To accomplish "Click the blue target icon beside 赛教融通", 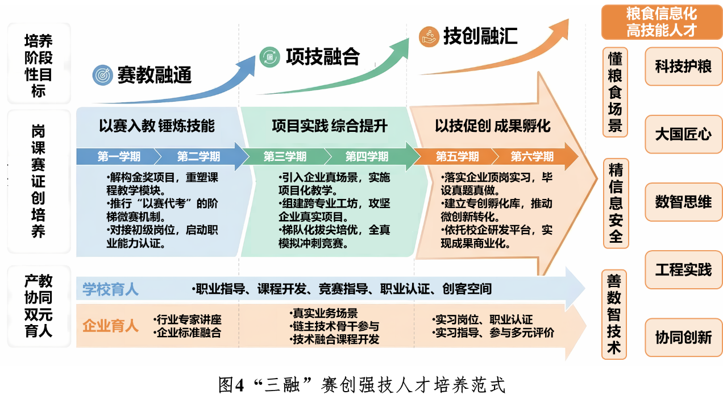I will tap(103, 74).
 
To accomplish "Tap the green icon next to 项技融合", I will tap(269, 56).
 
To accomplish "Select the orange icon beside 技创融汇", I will tap(429, 36).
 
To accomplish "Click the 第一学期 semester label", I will tap(119, 156).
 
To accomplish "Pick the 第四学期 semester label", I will tap(367, 156).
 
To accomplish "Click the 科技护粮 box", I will tap(683, 67).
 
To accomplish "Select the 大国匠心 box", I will tap(683, 135).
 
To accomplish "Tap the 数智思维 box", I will tap(683, 202).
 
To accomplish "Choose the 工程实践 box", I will tap(683, 269).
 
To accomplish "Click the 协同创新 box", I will tap(683, 338).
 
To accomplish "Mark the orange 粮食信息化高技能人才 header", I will tap(662, 22).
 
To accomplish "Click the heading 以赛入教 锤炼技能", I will tap(157, 126).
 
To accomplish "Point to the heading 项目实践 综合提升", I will tap(330, 126).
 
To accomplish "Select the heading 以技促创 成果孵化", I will tap(493, 126).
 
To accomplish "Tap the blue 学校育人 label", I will tap(110, 289).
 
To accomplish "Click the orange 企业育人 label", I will tap(110, 326).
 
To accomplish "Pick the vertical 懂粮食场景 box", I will tap(615, 92).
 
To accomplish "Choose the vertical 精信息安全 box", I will tap(616, 203).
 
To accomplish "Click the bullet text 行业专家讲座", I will tap(189, 320).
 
